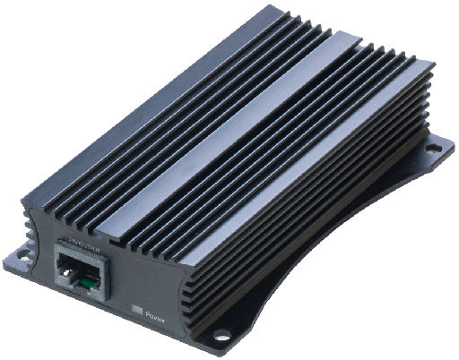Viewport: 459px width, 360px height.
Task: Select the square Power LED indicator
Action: (137, 309)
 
